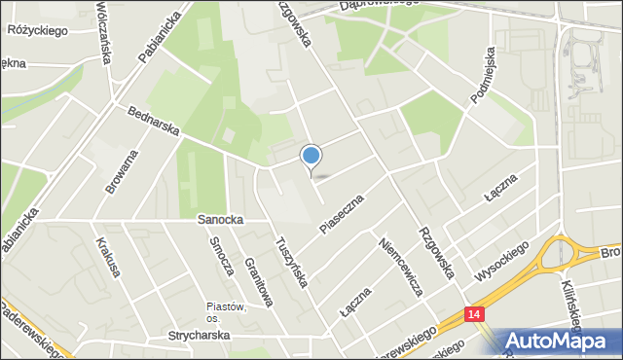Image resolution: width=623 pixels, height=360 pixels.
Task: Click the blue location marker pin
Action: (311, 157)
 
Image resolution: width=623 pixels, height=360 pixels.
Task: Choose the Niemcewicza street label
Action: (401, 267)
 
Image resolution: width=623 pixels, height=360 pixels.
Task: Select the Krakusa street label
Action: (107, 256)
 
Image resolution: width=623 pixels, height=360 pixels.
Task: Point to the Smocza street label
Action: (219, 255)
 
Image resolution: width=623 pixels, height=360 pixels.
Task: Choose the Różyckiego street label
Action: (36, 31)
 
